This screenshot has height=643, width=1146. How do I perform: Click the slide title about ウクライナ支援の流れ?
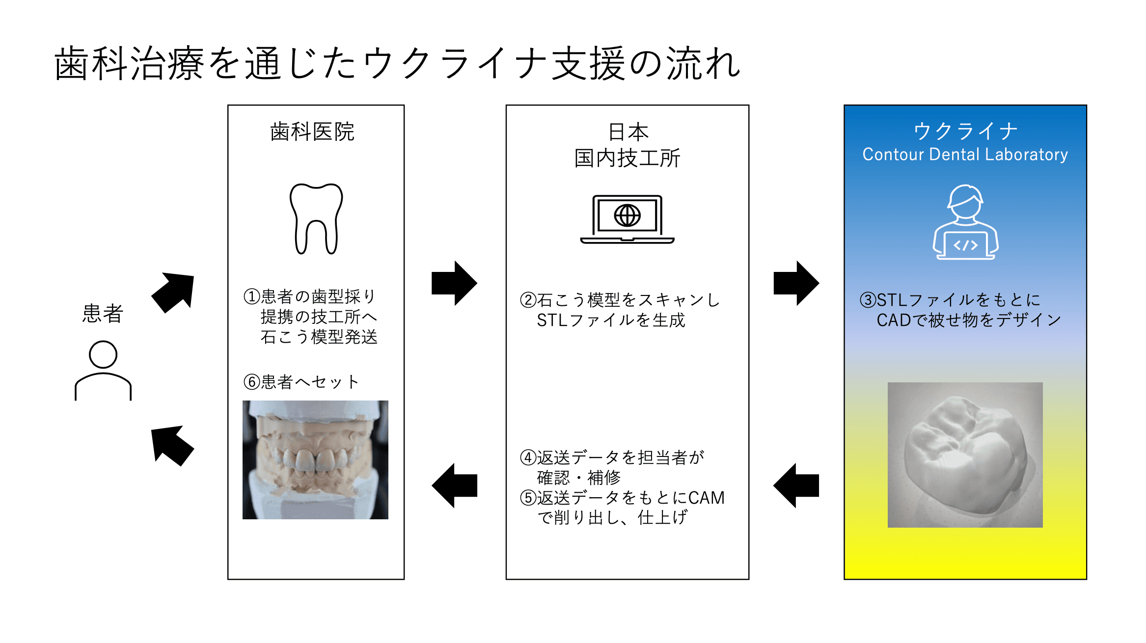pyautogui.click(x=397, y=64)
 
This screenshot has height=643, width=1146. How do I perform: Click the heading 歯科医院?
pyautogui.click(x=312, y=132)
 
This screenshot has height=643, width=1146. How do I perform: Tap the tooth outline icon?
pyautogui.click(x=316, y=219)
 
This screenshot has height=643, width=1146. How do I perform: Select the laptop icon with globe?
pyautogui.click(x=627, y=219)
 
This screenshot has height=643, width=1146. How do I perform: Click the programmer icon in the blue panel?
pyautogui.click(x=965, y=222)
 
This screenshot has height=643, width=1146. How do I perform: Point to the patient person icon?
pyautogui.click(x=103, y=371)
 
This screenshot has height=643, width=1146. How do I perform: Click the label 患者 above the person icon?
pyautogui.click(x=103, y=313)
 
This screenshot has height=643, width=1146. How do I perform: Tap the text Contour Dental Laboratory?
pyautogui.click(x=965, y=155)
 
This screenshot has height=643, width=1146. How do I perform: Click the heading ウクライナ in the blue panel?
pyautogui.click(x=965, y=131)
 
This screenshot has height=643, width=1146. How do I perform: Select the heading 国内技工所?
pyautogui.click(x=627, y=158)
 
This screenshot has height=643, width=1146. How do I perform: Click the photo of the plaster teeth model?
pyautogui.click(x=315, y=460)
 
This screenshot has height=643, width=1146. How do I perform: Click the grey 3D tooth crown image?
pyautogui.click(x=965, y=455)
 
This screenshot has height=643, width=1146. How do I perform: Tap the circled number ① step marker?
pyautogui.click(x=251, y=296)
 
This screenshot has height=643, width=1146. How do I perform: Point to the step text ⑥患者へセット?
pyautogui.click(x=301, y=382)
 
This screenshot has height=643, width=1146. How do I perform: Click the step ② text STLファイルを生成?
pyautogui.click(x=610, y=320)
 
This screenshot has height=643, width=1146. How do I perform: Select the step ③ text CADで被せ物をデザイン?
pyautogui.click(x=969, y=320)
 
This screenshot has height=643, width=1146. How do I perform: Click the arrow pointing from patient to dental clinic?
pyautogui.click(x=173, y=293)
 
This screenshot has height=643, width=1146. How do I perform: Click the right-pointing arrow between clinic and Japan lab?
pyautogui.click(x=454, y=283)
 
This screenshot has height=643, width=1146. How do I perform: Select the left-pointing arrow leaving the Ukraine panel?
pyautogui.click(x=796, y=485)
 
